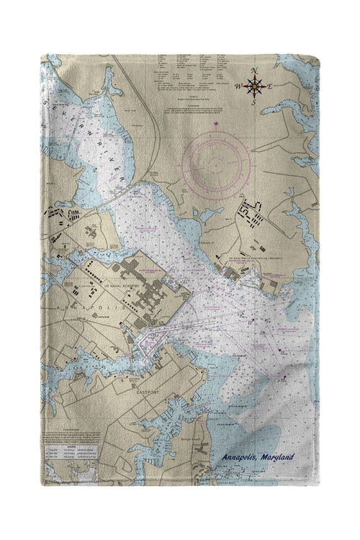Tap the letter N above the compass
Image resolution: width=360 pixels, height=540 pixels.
click(x=255, y=71)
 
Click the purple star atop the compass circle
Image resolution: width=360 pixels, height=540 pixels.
click(x=215, y=125)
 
